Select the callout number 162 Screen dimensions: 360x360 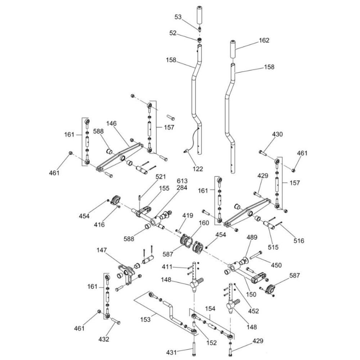tap(264, 40)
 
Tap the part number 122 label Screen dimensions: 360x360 tap(198, 168)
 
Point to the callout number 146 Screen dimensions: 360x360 tap(111, 123)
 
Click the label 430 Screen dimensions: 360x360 tap(277, 134)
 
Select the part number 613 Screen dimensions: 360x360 tap(182, 180)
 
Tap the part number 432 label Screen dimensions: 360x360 tap(104, 339)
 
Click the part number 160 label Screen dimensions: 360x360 tap(203, 223)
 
